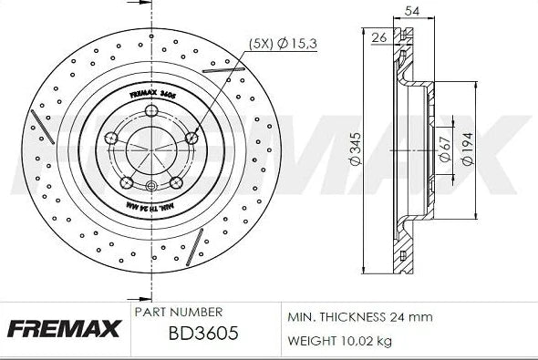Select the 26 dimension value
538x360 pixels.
[x=379, y=37]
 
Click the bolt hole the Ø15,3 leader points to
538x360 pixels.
[x=192, y=138]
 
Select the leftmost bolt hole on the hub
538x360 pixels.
[x=111, y=138]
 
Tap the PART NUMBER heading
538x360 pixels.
[x=178, y=312]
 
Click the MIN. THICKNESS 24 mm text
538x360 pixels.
[x=359, y=316]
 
